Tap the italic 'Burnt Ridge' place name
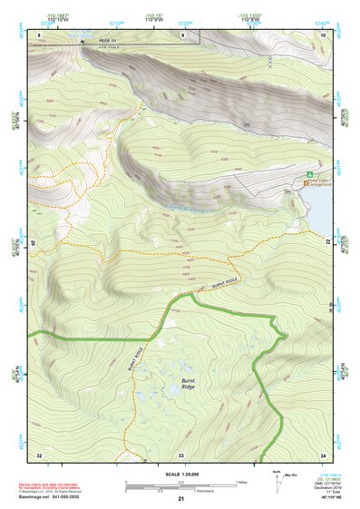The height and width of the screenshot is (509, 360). pos(188,385)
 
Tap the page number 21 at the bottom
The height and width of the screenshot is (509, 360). pos(181,499)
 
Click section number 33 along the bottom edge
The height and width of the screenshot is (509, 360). pos(181,454)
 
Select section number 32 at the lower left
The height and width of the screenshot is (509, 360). pos(38,454)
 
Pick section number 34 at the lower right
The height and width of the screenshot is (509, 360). pos(323,454)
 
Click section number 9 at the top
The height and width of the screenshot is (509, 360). pos(182,35)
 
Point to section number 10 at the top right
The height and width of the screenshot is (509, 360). pos(324,35)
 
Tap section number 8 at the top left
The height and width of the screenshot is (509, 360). pos(40,35)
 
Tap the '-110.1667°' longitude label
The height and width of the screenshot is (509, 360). pos(56,15)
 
